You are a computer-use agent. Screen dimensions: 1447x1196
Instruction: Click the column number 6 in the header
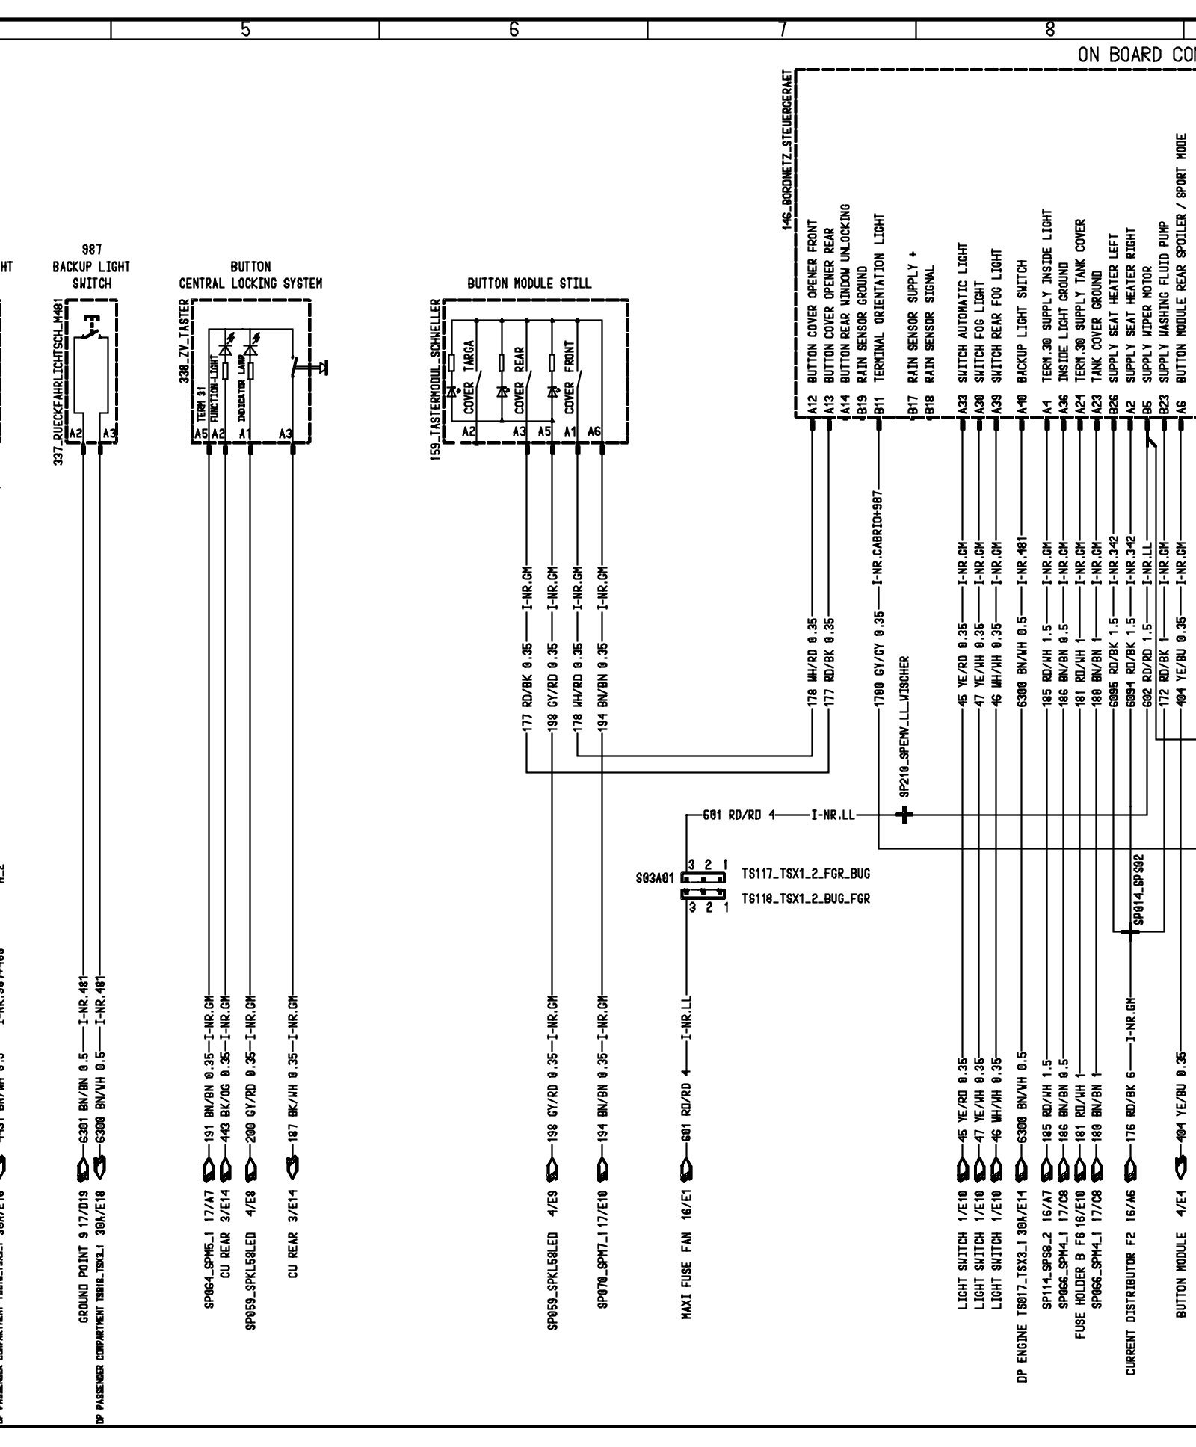(x=513, y=30)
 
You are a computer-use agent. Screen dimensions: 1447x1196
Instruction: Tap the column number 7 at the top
(x=782, y=30)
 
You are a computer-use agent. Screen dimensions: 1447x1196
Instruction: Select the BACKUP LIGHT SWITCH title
(x=91, y=275)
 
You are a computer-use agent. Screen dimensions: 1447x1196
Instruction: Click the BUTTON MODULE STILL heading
(x=529, y=283)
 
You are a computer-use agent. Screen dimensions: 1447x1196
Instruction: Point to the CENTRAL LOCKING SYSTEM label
(x=250, y=283)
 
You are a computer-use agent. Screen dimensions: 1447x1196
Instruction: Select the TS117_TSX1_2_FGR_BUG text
(x=806, y=873)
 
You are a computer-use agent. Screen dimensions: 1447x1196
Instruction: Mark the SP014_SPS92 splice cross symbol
(x=1129, y=931)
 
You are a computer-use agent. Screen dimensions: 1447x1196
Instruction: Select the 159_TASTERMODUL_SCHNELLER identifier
(x=435, y=380)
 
